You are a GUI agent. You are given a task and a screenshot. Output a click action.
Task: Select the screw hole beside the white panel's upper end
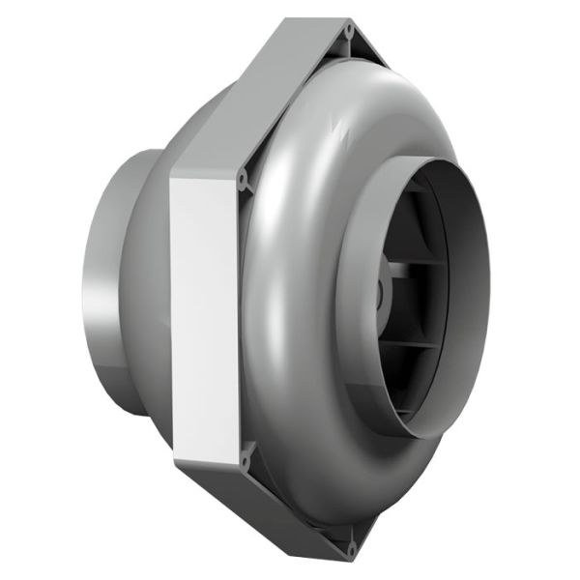click(x=243, y=178)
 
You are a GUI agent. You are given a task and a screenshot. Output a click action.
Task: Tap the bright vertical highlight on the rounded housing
click(x=271, y=290)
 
